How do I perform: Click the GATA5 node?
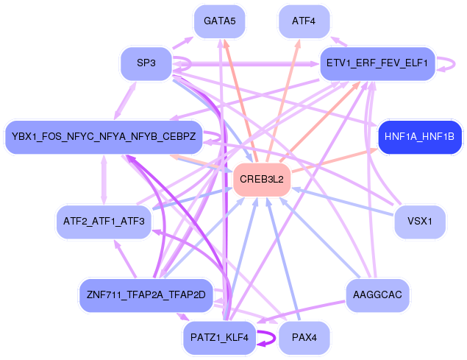[x=219, y=21]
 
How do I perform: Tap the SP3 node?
[x=146, y=63]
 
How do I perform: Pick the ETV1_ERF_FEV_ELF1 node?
[x=377, y=63]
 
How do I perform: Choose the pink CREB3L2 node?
[x=261, y=179]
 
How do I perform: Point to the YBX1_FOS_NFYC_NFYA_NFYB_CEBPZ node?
[x=103, y=137]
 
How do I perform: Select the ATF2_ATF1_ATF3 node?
[x=103, y=221]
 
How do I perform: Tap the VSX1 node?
[x=419, y=221]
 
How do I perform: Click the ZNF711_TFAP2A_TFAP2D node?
[x=146, y=294]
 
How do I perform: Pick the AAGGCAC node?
[x=377, y=294]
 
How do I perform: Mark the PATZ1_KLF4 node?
[x=219, y=338]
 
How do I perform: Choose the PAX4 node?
[x=304, y=338]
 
